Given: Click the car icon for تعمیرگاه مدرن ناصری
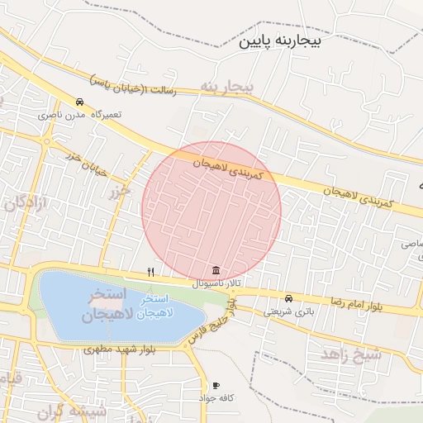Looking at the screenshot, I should point(79,102).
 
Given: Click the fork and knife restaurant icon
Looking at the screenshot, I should point(150,271).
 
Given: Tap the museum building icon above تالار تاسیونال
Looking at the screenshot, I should point(216,270).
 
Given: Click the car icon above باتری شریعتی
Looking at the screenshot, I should point(288,298).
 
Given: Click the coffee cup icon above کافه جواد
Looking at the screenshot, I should point(216,385).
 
